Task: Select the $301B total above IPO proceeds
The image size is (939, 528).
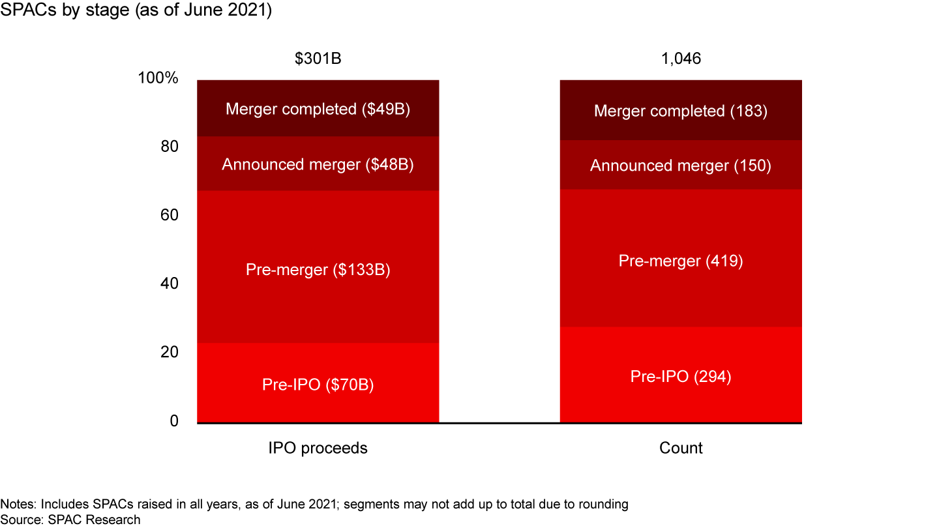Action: [x=318, y=59]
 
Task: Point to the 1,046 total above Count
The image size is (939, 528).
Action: [x=681, y=59]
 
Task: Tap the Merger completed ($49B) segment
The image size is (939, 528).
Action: [x=318, y=109]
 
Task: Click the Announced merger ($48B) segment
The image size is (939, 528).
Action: [x=318, y=164]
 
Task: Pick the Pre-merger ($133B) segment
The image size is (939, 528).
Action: [x=318, y=269]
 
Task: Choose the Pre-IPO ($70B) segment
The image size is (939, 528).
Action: [x=318, y=385]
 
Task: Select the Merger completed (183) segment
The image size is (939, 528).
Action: [x=681, y=111]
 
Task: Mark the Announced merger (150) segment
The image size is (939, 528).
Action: [x=681, y=166]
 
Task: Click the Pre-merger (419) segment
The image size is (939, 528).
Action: [x=681, y=261]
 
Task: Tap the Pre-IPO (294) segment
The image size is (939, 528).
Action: [x=681, y=376]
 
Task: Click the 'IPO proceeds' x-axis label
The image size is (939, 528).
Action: [x=318, y=448]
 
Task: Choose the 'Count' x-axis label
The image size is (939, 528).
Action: [x=681, y=448]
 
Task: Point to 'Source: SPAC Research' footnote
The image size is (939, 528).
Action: [x=70, y=520]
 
